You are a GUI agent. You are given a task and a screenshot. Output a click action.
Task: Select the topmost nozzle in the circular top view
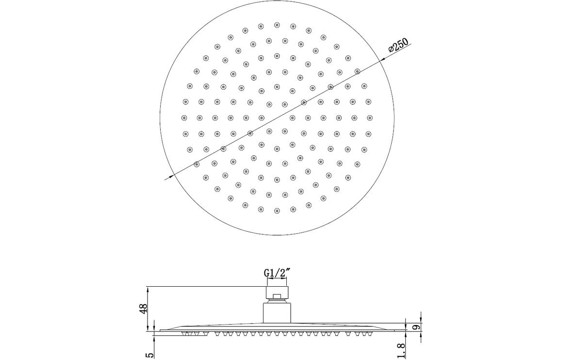click(x=277, y=24)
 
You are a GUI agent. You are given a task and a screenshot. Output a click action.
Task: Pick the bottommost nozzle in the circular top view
click(x=277, y=211)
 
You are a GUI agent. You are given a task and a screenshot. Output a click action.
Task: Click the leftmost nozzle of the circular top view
click(x=184, y=117)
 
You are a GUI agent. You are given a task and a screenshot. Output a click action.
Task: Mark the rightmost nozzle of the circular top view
click(x=370, y=117)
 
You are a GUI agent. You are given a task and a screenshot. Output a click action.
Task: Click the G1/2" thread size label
click(x=276, y=274)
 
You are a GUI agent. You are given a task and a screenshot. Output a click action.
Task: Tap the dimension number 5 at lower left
click(x=149, y=354)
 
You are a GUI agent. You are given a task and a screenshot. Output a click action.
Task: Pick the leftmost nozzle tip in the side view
click(x=185, y=334)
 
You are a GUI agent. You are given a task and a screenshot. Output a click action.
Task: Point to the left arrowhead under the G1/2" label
click(x=267, y=281)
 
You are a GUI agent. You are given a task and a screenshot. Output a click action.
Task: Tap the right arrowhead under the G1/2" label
click(x=285, y=281)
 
